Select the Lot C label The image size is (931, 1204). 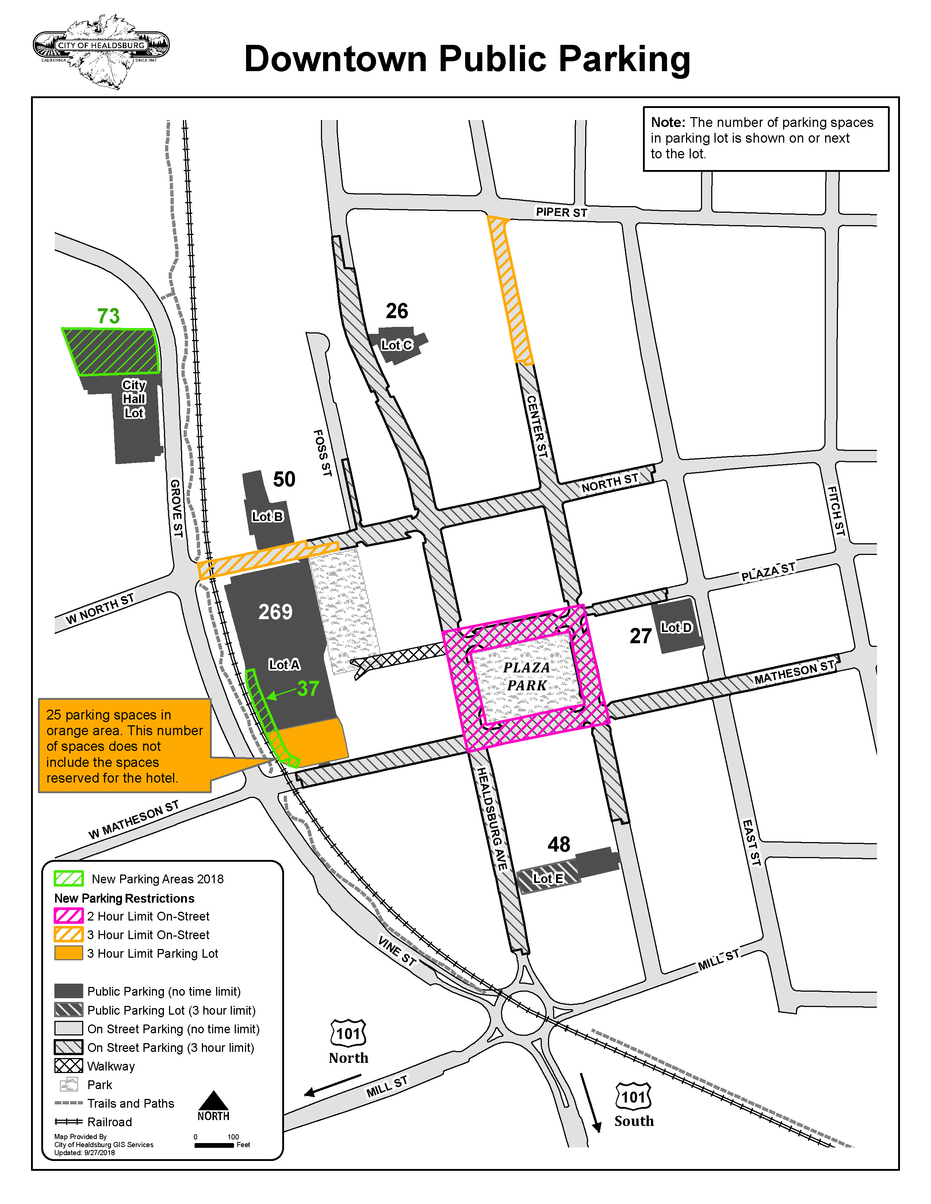click(396, 345)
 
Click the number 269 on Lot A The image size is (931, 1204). click(275, 612)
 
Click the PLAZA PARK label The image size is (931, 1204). click(527, 676)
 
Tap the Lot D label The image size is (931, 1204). click(676, 628)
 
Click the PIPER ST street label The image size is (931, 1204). click(562, 212)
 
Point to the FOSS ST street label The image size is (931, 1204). click(323, 453)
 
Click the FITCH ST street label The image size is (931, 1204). click(836, 510)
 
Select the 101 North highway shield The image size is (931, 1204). click(348, 1033)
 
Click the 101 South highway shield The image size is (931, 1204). click(633, 1096)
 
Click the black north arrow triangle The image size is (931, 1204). click(214, 1100)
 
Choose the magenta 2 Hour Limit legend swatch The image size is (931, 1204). click(68, 916)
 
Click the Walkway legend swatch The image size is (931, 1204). click(68, 1066)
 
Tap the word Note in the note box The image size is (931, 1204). click(668, 122)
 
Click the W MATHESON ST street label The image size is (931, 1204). click(134, 820)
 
